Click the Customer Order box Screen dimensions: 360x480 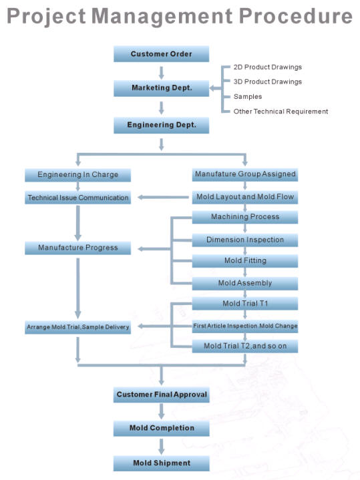pyautogui.click(x=161, y=54)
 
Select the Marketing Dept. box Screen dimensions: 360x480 pyautogui.click(x=161, y=88)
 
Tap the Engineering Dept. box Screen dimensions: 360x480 pyautogui.click(x=161, y=126)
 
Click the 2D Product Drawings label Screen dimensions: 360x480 pyautogui.click(x=267, y=67)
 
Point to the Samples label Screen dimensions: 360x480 pyautogui.click(x=248, y=96)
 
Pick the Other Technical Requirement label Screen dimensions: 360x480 pyautogui.click(x=281, y=111)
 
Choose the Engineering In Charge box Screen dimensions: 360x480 pyautogui.click(x=78, y=175)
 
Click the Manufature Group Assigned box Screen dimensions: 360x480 pyautogui.click(x=245, y=174)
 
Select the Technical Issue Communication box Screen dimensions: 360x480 pyautogui.click(x=78, y=198)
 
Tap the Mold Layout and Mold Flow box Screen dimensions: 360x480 pyautogui.click(x=245, y=197)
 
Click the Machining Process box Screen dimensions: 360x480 pyautogui.click(x=245, y=217)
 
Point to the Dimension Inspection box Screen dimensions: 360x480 pyautogui.click(x=245, y=240)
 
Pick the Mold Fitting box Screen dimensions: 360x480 pyautogui.click(x=245, y=261)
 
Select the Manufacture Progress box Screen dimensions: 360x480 pyautogui.click(x=78, y=248)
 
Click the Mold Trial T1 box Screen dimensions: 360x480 pyautogui.click(x=245, y=303)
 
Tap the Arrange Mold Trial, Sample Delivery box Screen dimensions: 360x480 pyautogui.click(x=78, y=327)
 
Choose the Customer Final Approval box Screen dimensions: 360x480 pyautogui.click(x=162, y=395)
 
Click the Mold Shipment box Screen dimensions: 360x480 pyautogui.click(x=162, y=463)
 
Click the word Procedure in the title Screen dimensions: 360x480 pyautogui.click(x=295, y=16)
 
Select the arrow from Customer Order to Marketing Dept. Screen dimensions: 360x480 pyautogui.click(x=162, y=73)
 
